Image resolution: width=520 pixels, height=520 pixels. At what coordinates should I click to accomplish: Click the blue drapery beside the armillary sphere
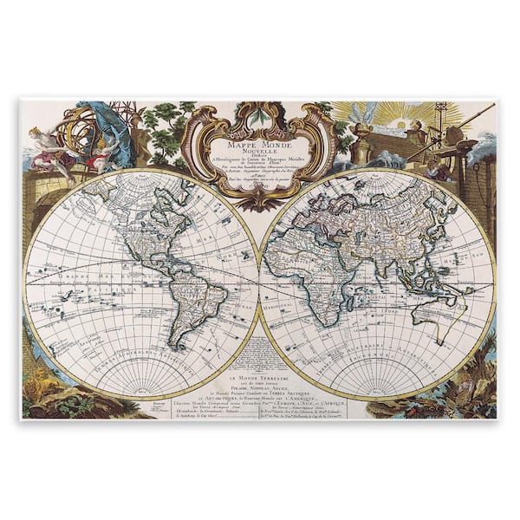(117, 130)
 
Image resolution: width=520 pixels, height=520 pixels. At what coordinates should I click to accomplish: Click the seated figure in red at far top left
(43, 143)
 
